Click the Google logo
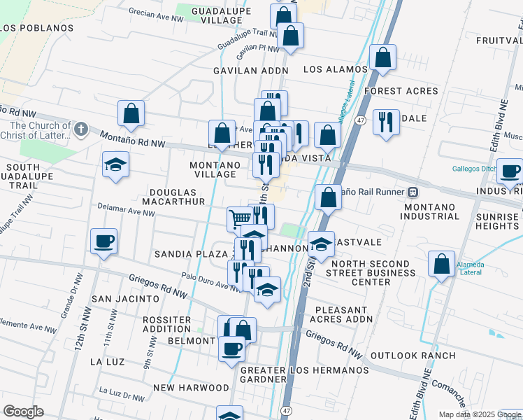click(24, 412)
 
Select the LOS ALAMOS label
click(336, 70)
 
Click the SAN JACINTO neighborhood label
click(126, 298)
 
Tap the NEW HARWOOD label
click(191, 388)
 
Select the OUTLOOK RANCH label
click(413, 356)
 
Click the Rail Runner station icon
click(413, 192)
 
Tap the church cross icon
click(81, 129)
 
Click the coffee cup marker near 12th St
click(103, 241)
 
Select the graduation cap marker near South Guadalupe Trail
click(115, 165)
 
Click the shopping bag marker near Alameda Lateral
click(442, 265)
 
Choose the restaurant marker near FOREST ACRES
click(386, 122)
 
